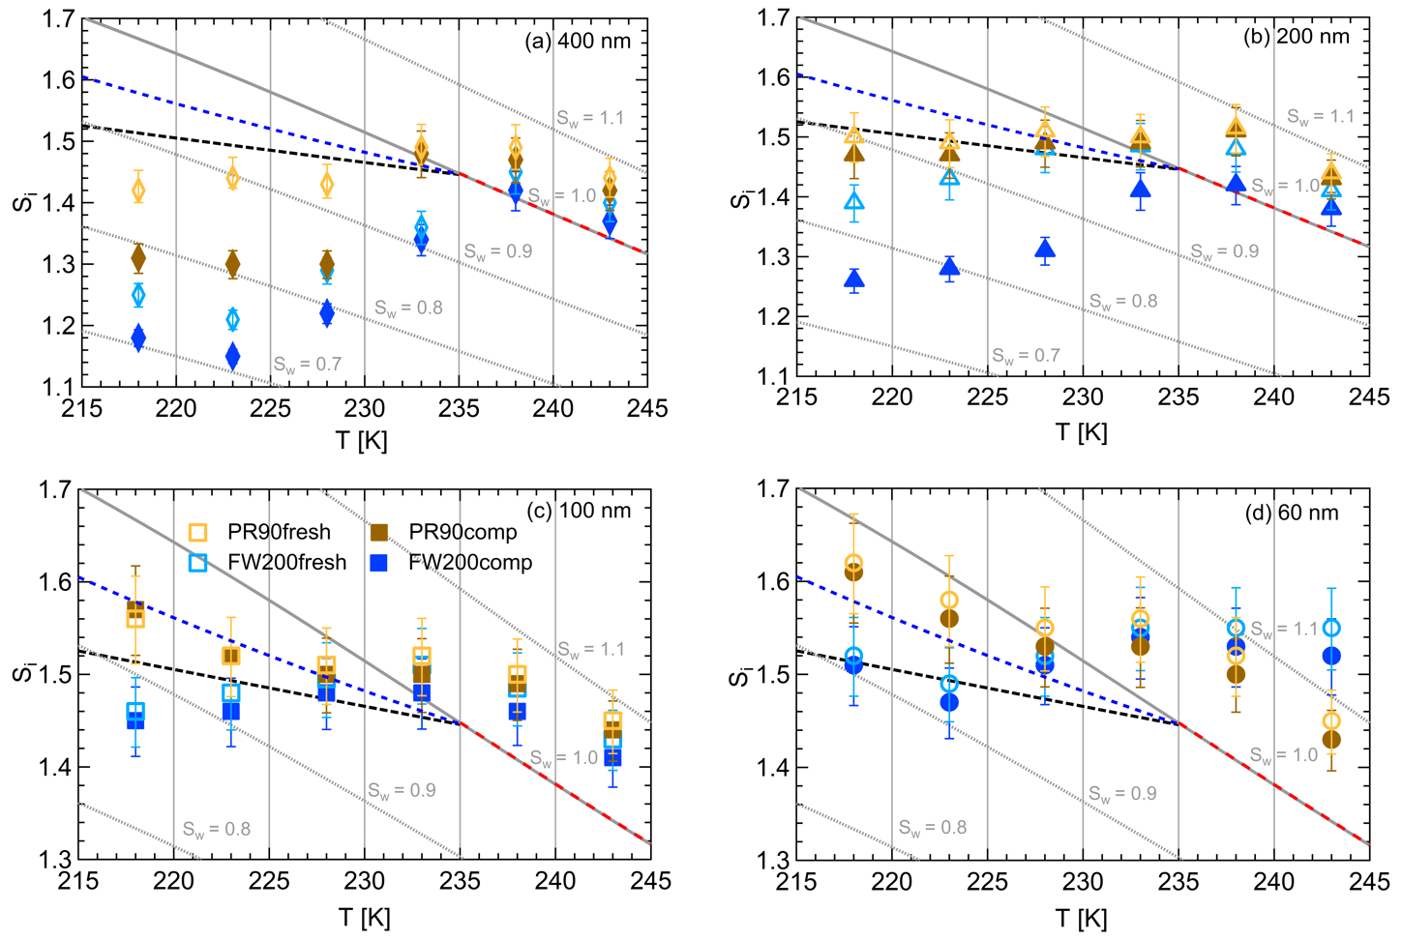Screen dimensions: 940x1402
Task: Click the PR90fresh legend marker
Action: pyautogui.click(x=197, y=532)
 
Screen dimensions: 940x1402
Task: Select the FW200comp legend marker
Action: pyautogui.click(x=379, y=562)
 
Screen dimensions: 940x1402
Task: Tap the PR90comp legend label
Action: pyautogui.click(x=462, y=532)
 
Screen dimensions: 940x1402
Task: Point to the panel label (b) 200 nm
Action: pyautogui.click(x=1296, y=37)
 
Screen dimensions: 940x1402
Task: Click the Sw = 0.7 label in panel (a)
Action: pyautogui.click(x=307, y=365)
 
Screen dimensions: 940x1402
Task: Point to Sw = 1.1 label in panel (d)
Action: pyautogui.click(x=1283, y=629)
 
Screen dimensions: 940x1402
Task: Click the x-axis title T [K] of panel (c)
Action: pyautogui.click(x=363, y=917)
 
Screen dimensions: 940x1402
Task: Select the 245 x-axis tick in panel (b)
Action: pyautogui.click(x=1369, y=397)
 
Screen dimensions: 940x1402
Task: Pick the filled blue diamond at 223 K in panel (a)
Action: pyautogui.click(x=232, y=356)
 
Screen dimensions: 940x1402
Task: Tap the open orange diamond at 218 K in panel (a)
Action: pyautogui.click(x=138, y=190)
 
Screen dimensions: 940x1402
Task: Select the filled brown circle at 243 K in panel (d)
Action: pyautogui.click(x=1331, y=740)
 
